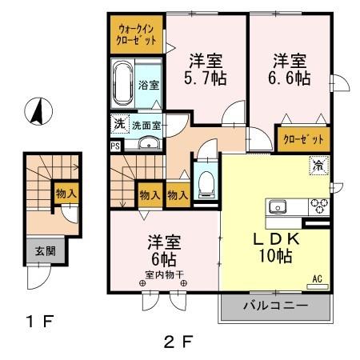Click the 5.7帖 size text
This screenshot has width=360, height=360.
(x=206, y=70)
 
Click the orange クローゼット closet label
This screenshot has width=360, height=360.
(x=304, y=138)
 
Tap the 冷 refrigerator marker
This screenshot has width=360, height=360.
(x=318, y=166)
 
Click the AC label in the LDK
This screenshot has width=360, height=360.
(x=317, y=278)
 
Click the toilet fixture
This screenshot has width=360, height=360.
(x=205, y=182)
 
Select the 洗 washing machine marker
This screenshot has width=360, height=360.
(x=118, y=124)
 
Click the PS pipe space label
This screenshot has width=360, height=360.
(x=115, y=146)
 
